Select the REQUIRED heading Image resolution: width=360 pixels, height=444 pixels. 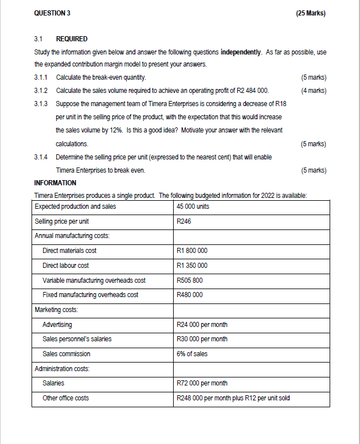72,39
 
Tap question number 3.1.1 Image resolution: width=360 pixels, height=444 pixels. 43,77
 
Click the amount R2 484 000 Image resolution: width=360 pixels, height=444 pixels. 251,91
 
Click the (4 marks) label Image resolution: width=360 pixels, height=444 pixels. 313,91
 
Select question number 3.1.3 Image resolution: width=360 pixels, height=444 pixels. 43,104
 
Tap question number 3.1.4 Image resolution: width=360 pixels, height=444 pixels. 43,157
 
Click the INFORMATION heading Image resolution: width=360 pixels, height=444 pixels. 55,183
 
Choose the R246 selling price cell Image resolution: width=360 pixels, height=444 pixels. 185,221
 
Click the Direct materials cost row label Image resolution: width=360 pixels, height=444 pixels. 69,251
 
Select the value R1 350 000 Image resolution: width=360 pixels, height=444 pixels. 193,266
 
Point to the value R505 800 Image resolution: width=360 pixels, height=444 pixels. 190,281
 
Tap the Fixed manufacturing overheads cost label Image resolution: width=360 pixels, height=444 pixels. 90,295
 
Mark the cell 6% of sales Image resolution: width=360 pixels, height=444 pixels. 193,354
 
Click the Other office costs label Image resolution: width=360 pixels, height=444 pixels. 65,398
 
